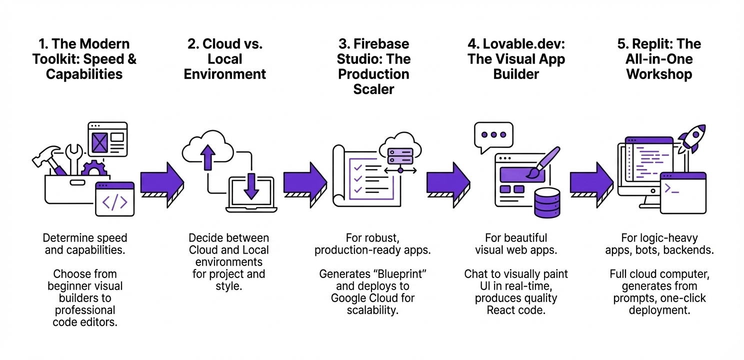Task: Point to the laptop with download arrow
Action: (x=251, y=195)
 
